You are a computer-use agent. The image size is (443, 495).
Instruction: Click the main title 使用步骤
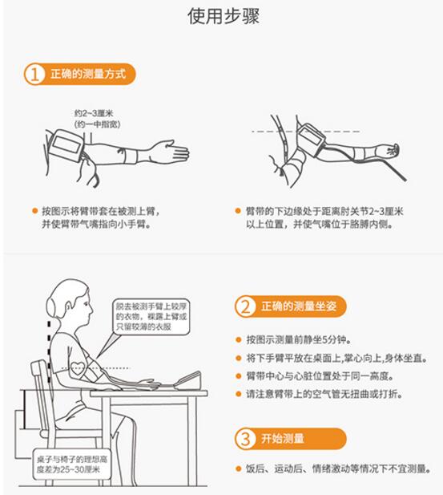(x=224, y=16)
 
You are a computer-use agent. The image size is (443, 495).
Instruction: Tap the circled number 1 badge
(x=34, y=74)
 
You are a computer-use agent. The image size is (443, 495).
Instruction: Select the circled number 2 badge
(x=245, y=306)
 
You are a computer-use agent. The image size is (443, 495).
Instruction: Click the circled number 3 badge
(x=245, y=439)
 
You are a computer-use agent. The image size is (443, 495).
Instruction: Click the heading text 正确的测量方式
(x=88, y=74)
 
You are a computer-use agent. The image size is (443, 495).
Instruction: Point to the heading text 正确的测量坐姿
(x=299, y=306)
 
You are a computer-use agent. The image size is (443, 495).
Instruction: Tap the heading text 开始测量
(x=283, y=439)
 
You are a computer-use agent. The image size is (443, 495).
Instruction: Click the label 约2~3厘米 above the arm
(x=94, y=113)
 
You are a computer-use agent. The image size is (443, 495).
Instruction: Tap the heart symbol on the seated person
(x=78, y=368)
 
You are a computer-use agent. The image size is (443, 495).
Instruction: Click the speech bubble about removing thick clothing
(x=151, y=316)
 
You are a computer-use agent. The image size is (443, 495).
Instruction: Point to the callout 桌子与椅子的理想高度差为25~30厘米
(x=72, y=464)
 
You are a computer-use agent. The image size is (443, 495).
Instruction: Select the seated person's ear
(x=69, y=306)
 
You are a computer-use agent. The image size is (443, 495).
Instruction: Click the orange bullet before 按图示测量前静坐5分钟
(x=239, y=340)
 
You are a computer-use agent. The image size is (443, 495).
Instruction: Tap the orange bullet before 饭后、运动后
(x=239, y=469)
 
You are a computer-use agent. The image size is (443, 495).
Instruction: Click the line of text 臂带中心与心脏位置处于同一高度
(x=320, y=376)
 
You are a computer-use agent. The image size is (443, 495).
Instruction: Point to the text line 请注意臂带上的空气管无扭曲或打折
(x=324, y=394)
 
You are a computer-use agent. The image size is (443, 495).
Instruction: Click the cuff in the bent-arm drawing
(x=311, y=139)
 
